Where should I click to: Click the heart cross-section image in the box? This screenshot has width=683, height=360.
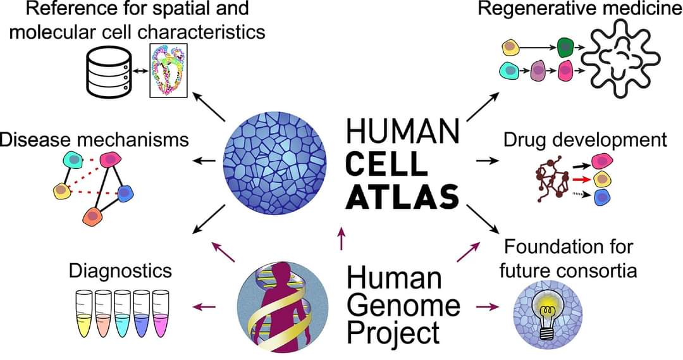pos(168,71)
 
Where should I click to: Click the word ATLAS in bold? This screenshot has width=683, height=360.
pos(403,196)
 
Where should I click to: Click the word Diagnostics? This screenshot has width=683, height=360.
pos(120,271)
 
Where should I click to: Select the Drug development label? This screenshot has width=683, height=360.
pos(585,140)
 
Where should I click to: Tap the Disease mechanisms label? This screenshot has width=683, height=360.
pos(95,139)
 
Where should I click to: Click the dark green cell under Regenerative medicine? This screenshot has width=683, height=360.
pos(565,46)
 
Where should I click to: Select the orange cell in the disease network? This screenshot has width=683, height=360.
pos(93,216)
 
